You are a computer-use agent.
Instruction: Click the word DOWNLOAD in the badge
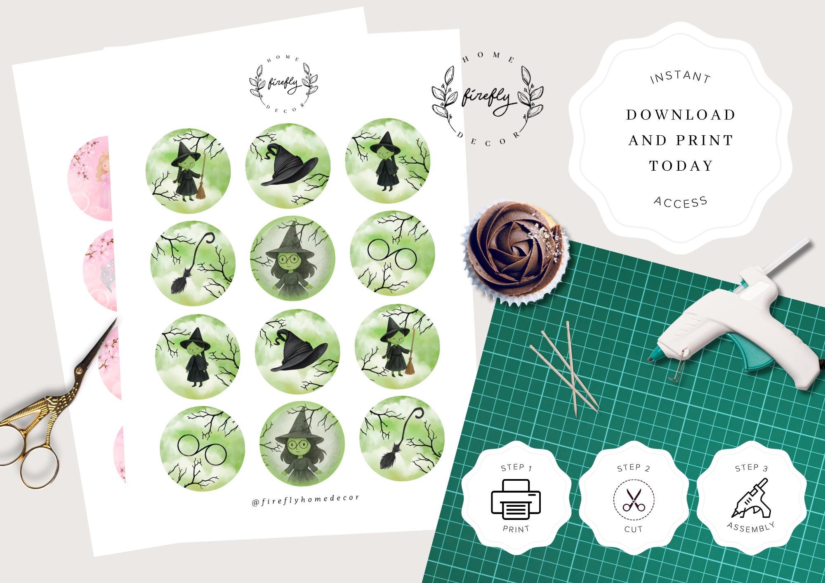point(681,115)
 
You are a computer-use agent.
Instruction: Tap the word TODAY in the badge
point(681,166)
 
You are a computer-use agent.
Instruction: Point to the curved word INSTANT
point(680,77)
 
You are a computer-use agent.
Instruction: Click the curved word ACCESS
point(681,202)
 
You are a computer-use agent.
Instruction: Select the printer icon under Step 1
point(516,499)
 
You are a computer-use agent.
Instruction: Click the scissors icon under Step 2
point(634,500)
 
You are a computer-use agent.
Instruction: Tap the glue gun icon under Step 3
point(751,498)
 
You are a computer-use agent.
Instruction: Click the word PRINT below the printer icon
point(516,529)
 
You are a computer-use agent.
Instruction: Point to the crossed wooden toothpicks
point(565,367)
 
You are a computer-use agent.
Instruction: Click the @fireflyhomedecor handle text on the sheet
point(306,499)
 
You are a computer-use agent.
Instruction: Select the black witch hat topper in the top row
point(288,166)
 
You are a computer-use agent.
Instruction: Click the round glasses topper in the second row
point(393,254)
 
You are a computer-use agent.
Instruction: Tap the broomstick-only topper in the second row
point(193,263)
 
